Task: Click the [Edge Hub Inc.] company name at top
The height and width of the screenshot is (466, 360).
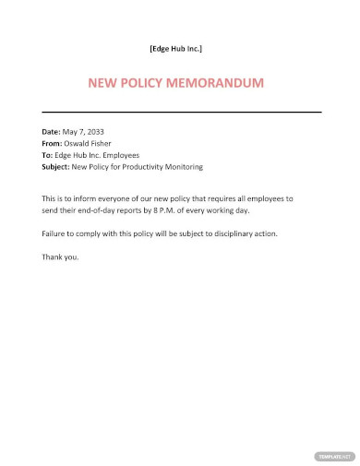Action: tap(175, 47)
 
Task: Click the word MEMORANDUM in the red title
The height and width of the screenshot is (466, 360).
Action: tap(218, 83)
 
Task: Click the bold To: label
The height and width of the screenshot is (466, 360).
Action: tap(48, 156)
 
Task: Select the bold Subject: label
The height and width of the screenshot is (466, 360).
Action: tap(58, 167)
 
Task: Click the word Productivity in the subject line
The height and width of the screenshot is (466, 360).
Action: tap(152, 167)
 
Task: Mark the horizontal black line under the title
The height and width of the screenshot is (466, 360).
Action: tap(180, 112)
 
